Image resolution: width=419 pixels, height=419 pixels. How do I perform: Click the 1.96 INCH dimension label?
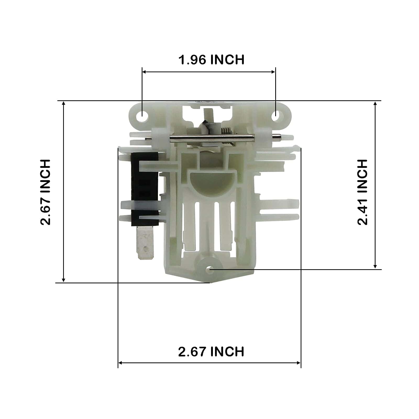[211, 60]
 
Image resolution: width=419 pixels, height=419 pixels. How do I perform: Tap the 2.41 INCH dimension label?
[363, 192]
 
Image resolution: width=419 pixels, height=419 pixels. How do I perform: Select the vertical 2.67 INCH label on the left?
[45, 192]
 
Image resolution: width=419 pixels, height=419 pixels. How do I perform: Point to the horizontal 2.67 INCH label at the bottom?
[211, 351]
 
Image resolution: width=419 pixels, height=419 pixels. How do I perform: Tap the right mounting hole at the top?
[275, 114]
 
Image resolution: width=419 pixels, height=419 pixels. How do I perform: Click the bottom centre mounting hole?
[210, 269]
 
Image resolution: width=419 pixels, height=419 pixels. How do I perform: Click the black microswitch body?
[145, 189]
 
